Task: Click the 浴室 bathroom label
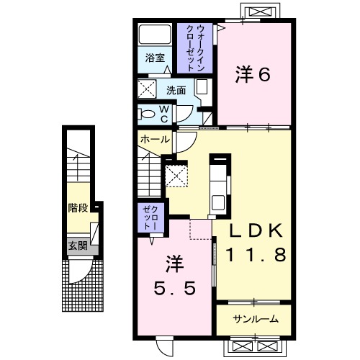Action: [x=155, y=57]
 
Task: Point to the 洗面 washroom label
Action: [x=176, y=91]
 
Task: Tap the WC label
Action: [x=164, y=113]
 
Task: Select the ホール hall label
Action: [x=154, y=138]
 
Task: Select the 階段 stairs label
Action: [x=78, y=208]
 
